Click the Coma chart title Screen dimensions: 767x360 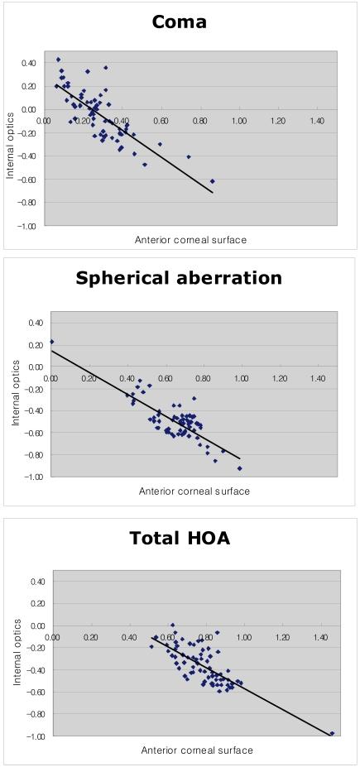pos(179,22)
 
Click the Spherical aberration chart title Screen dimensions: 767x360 pos(179,278)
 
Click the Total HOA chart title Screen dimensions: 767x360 pos(180,539)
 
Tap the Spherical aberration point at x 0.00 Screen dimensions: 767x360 pos(51,342)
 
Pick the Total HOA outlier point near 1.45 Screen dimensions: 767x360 pos(332,733)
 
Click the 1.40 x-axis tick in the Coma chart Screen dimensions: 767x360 pos(317,121)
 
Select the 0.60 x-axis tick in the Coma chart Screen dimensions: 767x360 pos(161,121)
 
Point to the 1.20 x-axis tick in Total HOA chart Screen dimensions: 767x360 pos(282,637)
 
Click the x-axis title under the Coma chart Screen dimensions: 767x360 pos(190,241)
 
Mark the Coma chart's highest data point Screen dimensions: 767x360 pos(58,60)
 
